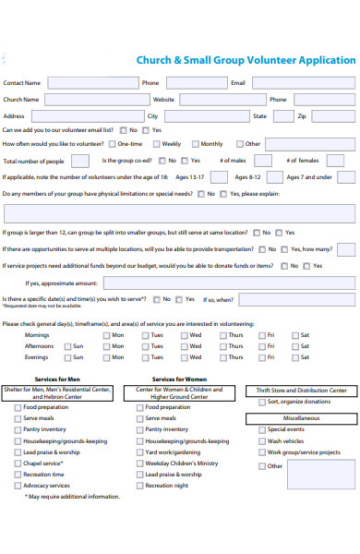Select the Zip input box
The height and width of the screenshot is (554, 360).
click(x=333, y=115)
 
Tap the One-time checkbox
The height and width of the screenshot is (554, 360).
click(x=113, y=144)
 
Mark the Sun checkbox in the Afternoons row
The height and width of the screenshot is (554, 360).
click(x=66, y=346)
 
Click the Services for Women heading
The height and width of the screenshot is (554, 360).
click(x=179, y=379)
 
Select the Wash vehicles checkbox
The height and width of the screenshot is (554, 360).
click(x=262, y=440)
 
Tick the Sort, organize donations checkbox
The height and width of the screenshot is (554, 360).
click(x=262, y=402)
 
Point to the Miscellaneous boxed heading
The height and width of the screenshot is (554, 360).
click(x=301, y=417)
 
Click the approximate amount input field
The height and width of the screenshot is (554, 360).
click(x=228, y=283)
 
